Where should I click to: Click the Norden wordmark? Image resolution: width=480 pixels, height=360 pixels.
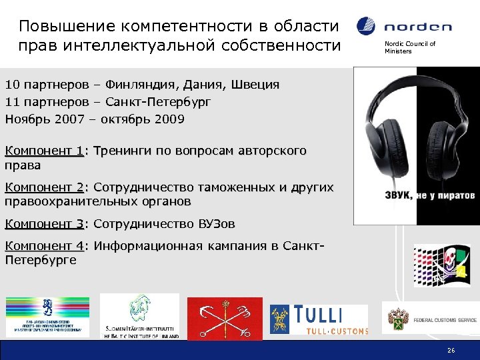(x=418, y=27)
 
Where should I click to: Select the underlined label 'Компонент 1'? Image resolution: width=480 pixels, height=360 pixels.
(x=44, y=151)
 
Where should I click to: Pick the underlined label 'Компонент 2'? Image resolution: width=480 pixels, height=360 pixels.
(x=44, y=188)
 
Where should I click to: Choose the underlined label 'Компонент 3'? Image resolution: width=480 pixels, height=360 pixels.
(x=44, y=223)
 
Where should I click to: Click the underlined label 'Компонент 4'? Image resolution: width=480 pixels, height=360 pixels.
(x=44, y=246)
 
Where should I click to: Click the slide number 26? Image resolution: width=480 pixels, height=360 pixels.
(x=451, y=351)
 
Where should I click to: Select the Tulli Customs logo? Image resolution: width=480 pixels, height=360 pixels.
(x=319, y=319)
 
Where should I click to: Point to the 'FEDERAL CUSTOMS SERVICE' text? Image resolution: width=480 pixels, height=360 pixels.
(x=445, y=321)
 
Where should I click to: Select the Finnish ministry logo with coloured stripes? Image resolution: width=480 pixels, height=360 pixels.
(x=47, y=315)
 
